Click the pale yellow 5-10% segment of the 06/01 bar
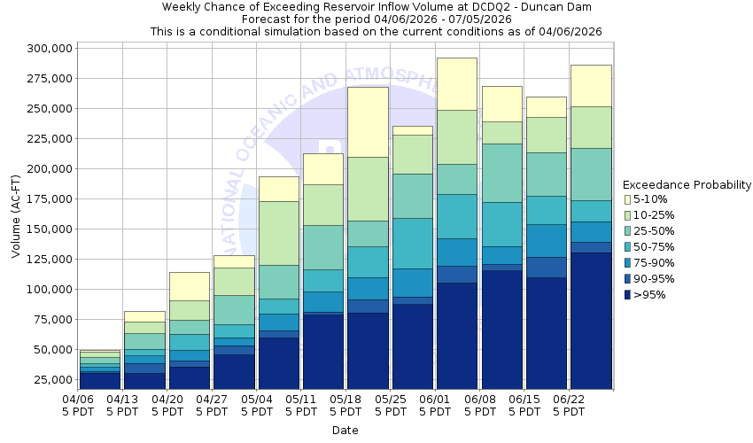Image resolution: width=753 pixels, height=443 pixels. tap(456, 83)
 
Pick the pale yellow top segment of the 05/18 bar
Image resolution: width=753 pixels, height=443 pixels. tap(368, 121)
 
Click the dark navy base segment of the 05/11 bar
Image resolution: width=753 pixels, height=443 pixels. tap(323, 351)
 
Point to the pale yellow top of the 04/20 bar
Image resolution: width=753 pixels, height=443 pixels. tap(190, 286)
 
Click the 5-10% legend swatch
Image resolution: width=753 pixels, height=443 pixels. tap(628, 199)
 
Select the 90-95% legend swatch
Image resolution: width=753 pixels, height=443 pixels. tap(628, 279)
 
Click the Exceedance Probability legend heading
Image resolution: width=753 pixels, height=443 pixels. tap(687, 185)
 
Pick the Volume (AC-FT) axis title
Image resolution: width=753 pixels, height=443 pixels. tap(16, 217)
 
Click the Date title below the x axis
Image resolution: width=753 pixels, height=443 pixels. tap(345, 431)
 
